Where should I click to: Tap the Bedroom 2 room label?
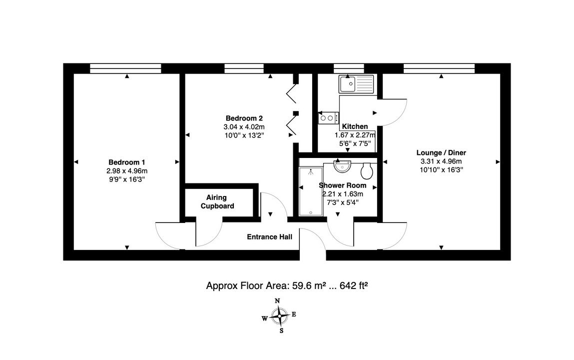(244, 118)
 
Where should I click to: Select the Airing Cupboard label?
(217, 202)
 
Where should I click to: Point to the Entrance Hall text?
(269, 237)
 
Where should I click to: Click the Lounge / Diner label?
(441, 152)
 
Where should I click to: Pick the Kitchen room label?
(355, 126)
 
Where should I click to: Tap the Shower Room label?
(342, 185)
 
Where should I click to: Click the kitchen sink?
(356, 84)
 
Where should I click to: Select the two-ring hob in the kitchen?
(328, 118)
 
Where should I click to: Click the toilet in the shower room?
(367, 170)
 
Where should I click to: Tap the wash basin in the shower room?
(342, 166)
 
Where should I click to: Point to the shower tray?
(311, 191)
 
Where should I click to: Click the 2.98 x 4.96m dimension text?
(127, 171)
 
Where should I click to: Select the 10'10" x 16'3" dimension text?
(442, 170)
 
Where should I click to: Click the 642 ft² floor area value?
(354, 285)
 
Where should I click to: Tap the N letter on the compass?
(277, 301)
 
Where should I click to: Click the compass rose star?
(280, 315)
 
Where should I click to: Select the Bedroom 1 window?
(125, 68)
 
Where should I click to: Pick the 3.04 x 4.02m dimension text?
(244, 127)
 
